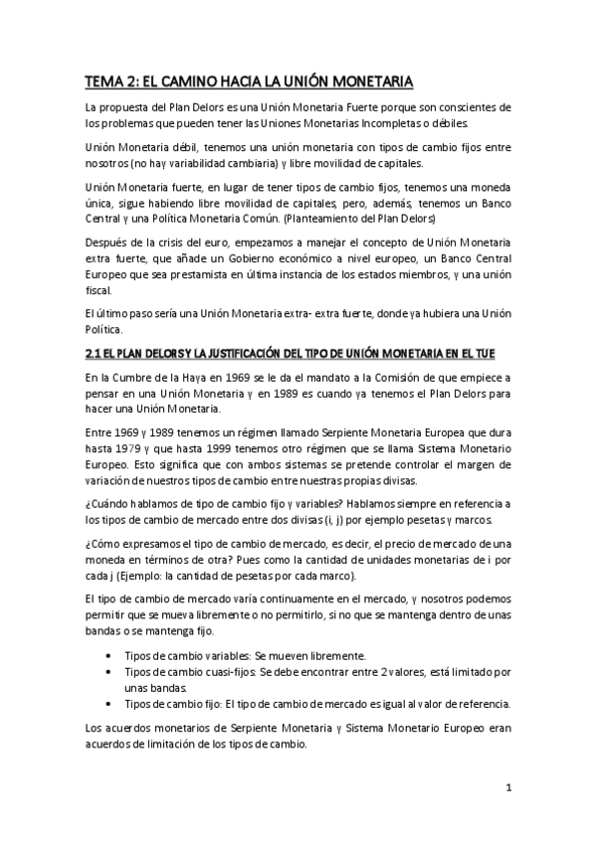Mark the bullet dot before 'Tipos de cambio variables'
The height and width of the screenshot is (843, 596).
click(107, 657)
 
